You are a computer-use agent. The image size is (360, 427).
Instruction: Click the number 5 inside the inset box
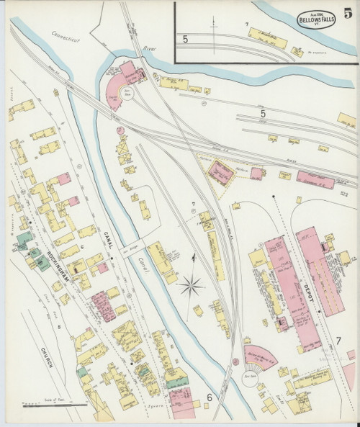coord(185,38)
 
